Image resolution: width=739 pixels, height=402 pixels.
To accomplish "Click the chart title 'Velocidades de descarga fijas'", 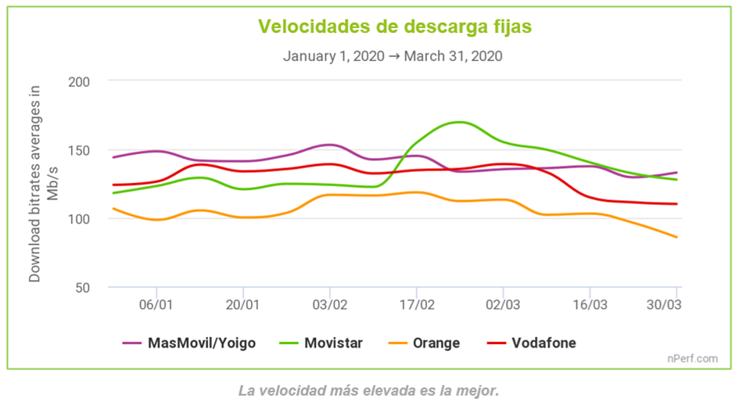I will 395,27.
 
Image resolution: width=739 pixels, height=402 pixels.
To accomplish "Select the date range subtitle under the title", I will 393,56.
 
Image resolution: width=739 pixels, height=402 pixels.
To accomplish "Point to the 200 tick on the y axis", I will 80,81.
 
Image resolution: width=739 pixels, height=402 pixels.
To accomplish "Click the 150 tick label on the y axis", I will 80,150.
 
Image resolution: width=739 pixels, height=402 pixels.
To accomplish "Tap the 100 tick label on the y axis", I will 80,218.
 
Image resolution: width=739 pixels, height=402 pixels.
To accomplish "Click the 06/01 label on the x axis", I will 156,303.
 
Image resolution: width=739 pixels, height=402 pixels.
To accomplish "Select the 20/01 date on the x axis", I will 243,303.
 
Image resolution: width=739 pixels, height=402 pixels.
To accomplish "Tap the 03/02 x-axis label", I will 330,303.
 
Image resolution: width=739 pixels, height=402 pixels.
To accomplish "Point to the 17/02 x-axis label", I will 417,303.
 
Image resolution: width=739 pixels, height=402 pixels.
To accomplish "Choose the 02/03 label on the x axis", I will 504,303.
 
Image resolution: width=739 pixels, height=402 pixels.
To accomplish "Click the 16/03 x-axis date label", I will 590,303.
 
